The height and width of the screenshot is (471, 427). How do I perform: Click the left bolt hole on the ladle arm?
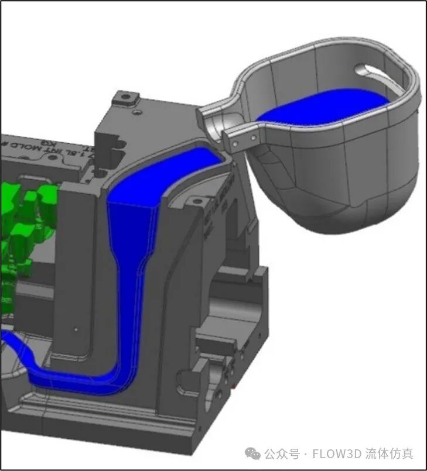(235, 142)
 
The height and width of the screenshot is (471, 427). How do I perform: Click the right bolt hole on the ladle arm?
(254, 137)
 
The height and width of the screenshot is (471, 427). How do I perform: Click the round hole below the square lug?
(135, 111)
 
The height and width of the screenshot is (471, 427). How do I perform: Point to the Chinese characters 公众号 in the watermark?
(281, 453)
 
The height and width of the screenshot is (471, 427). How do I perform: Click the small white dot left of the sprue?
(74, 329)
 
